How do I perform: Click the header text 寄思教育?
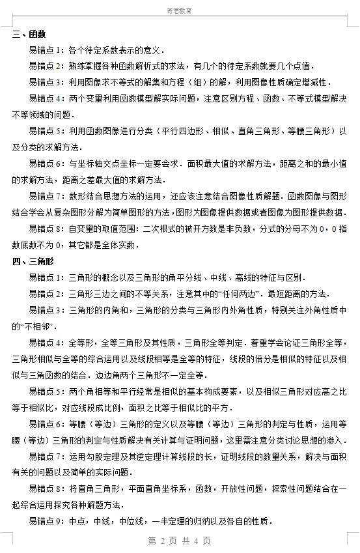point(179,11)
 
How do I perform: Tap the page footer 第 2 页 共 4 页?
point(179,541)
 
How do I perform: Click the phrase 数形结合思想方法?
point(97,196)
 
